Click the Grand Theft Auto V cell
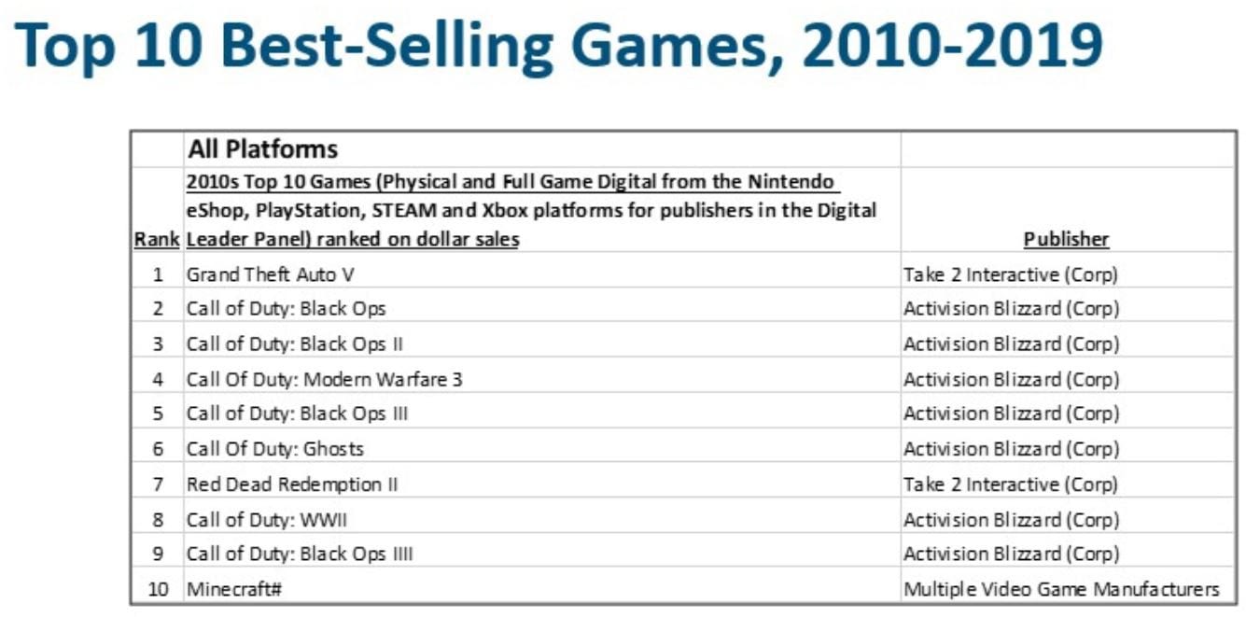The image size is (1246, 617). point(271,273)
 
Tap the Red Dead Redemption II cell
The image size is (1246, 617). point(292,484)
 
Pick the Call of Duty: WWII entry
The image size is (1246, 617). point(267,519)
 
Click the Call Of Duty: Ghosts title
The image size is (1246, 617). point(275,449)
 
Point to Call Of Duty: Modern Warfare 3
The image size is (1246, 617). point(324,379)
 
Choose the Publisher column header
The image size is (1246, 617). point(1066,239)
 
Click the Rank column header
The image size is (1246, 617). point(157,239)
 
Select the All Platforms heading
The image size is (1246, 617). point(263,148)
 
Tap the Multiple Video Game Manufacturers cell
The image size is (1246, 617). point(1061,589)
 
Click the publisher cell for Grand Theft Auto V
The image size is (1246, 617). point(1010,273)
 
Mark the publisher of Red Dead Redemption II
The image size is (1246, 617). point(1010,484)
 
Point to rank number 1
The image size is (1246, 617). point(158,274)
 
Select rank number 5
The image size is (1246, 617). point(158,414)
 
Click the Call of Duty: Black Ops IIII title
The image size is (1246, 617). point(300,554)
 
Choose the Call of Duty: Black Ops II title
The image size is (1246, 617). point(295,344)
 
